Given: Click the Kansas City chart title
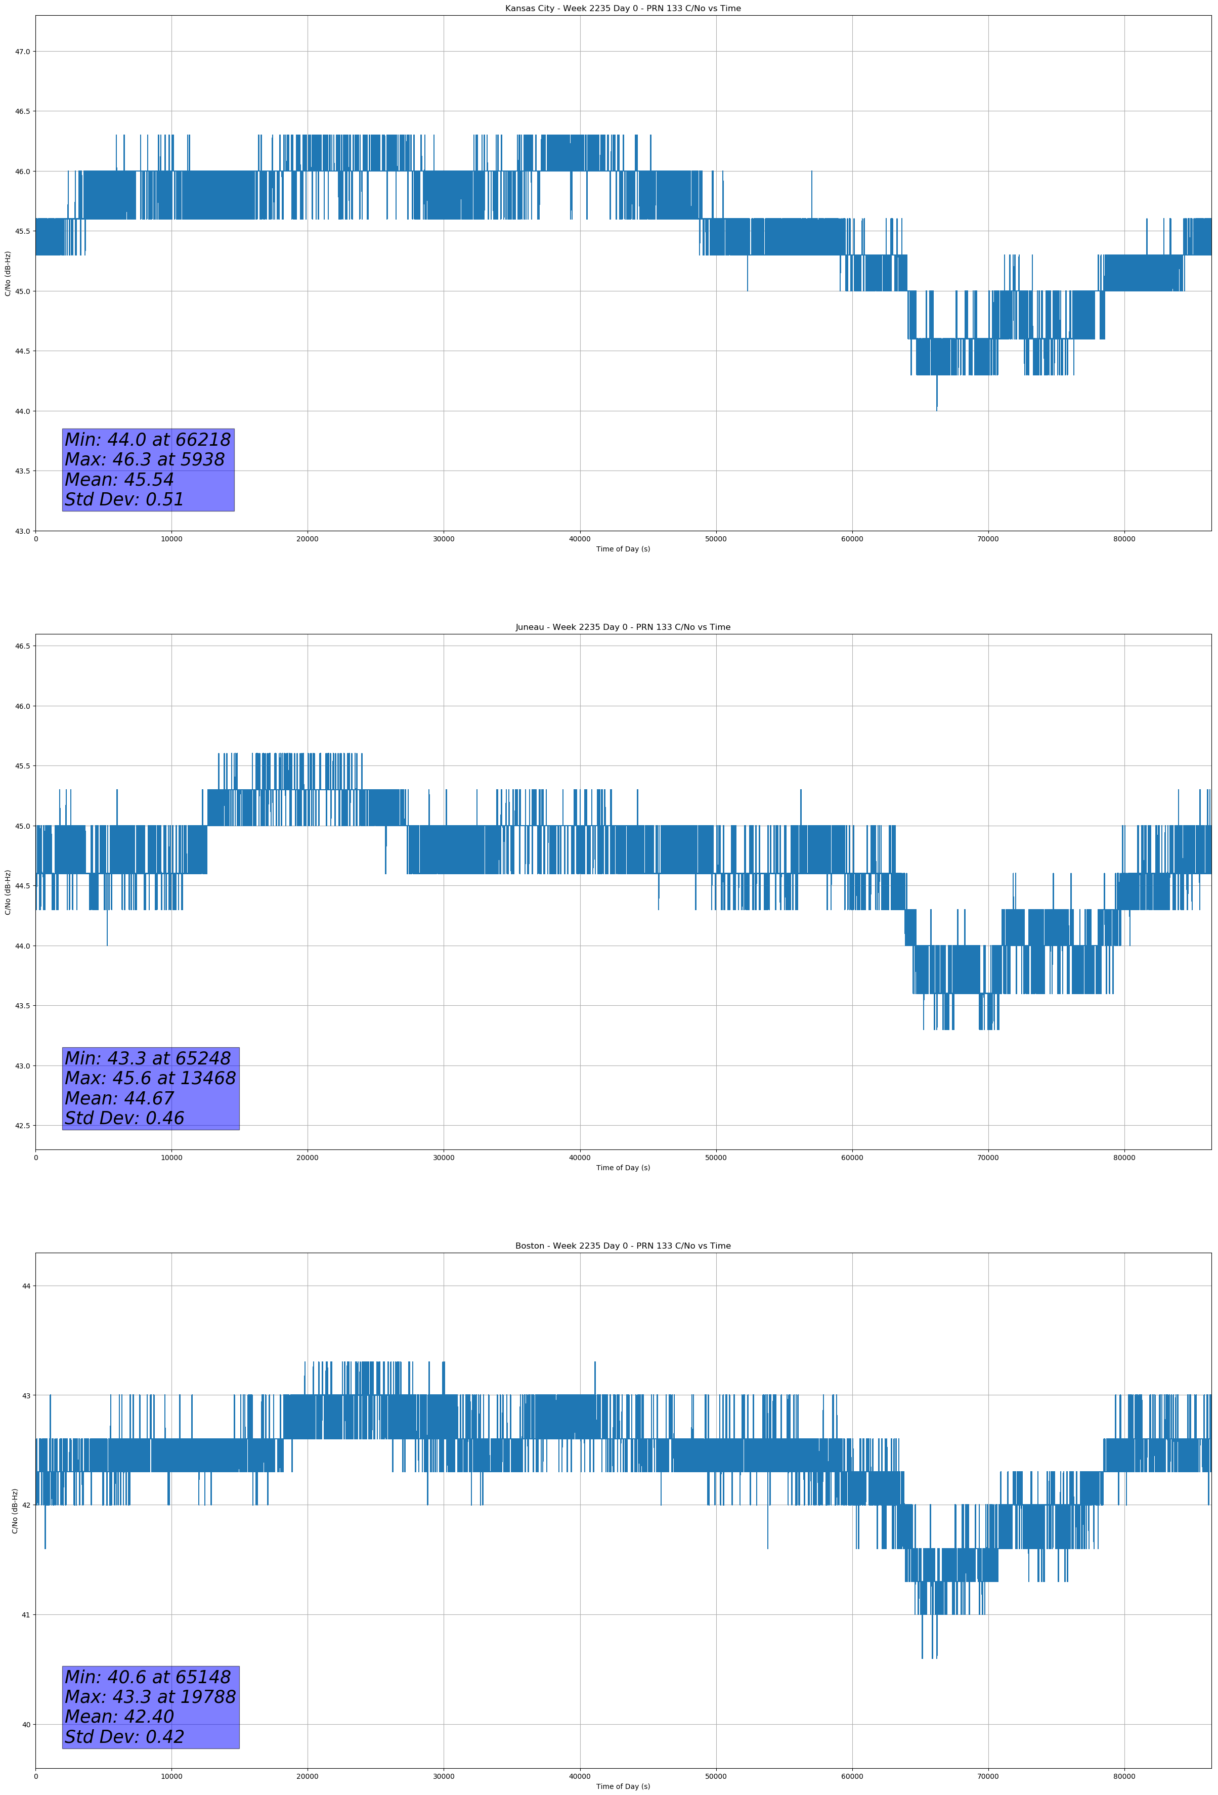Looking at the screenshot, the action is (x=623, y=9).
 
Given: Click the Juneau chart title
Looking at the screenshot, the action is (x=623, y=627).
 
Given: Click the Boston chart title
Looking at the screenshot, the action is (x=623, y=1246).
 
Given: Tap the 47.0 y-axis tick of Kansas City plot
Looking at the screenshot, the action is (x=22, y=52).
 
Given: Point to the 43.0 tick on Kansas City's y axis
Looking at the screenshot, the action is (x=22, y=531).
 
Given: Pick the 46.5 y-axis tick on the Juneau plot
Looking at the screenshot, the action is (x=22, y=646).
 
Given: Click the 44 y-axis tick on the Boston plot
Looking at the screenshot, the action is (x=26, y=1286).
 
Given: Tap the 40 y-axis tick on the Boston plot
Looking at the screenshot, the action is (x=26, y=1725).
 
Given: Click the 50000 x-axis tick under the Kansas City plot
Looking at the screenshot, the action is (x=716, y=539).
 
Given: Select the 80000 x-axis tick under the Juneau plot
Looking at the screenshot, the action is (x=1124, y=1158).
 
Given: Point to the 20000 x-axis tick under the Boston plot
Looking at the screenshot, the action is (x=308, y=1776).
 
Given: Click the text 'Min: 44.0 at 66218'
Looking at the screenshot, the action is (x=148, y=440).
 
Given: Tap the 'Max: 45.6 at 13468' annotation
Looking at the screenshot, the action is (x=150, y=1078).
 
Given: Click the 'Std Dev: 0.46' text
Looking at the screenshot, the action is (x=124, y=1119).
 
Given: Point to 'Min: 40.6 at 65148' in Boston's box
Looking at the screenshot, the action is (x=148, y=1677).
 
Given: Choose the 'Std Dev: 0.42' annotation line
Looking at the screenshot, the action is (x=124, y=1737).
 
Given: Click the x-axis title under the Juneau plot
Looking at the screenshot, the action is (x=623, y=1168).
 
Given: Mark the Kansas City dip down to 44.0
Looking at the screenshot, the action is (x=937, y=409).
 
